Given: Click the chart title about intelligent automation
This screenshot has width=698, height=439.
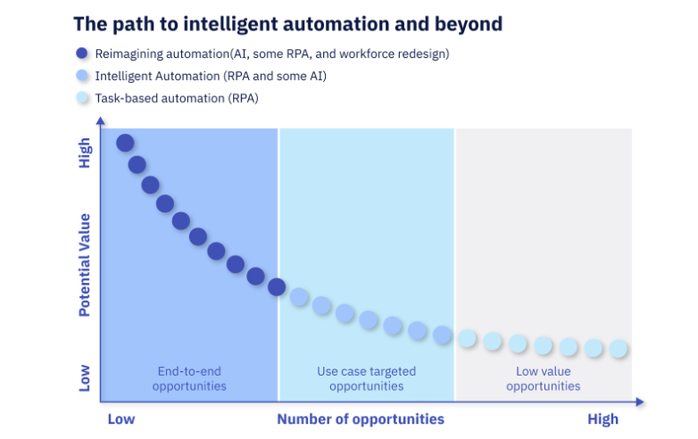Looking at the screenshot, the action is point(288,24).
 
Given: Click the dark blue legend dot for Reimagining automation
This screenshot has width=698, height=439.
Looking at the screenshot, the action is point(82,54).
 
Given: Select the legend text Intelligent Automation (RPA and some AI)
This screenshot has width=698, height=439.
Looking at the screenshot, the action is point(211,76).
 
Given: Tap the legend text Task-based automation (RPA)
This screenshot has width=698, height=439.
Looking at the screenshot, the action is point(177,98).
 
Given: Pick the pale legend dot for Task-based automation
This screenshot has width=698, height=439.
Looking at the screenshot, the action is point(82,98).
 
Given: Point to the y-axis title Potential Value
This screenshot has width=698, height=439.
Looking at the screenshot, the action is point(84,265).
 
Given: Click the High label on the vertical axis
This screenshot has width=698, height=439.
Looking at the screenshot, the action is point(84,153).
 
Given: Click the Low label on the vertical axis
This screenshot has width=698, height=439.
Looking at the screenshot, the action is point(84,378).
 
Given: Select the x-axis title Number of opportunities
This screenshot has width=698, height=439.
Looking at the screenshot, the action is point(361,419).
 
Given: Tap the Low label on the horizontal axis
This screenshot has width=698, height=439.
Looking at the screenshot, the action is point(121,419).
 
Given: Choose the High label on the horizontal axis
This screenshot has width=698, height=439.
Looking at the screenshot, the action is point(602,419).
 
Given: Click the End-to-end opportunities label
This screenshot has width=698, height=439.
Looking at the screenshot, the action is point(189,378).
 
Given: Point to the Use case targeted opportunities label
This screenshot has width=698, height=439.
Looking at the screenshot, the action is point(366,378).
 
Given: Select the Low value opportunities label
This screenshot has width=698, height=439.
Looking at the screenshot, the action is point(543,378).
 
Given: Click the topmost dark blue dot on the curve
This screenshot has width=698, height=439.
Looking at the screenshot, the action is point(125,144).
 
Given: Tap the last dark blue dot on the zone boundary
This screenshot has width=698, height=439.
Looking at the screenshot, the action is point(277,287).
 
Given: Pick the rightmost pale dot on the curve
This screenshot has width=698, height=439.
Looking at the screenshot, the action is point(619,349).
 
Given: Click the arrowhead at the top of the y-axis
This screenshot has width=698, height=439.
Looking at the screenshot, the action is point(101,120).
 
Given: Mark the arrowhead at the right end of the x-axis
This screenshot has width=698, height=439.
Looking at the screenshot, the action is point(640,402).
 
